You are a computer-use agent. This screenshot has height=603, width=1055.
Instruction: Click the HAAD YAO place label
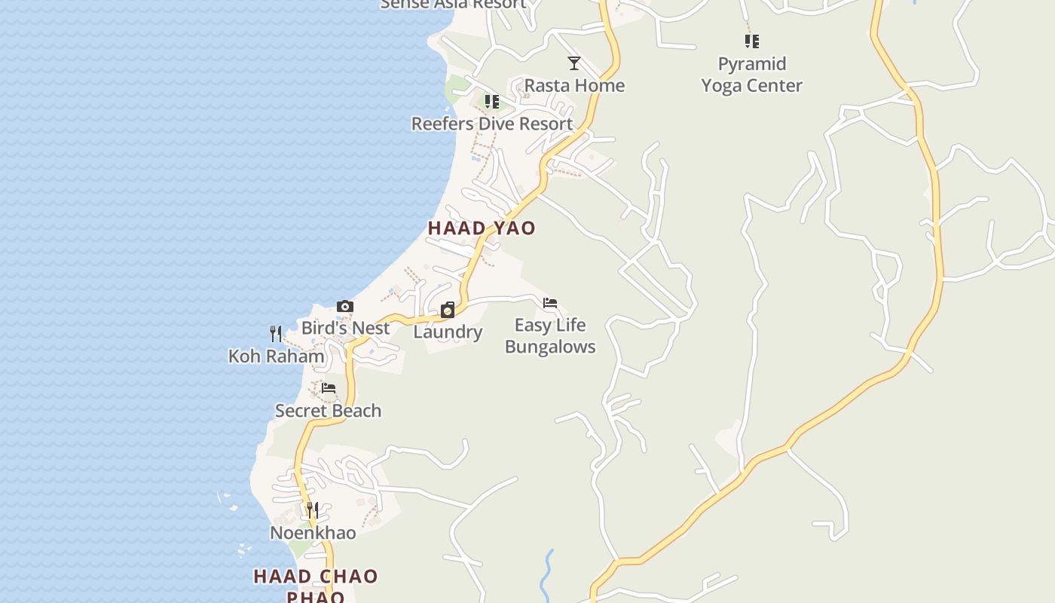click(x=482, y=228)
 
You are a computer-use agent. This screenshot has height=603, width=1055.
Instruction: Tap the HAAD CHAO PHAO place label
click(x=316, y=586)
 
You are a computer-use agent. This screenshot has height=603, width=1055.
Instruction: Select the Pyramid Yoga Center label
click(x=751, y=75)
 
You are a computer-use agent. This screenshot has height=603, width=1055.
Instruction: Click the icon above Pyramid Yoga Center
click(x=751, y=41)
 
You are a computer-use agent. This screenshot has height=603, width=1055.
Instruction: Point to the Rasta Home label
click(x=574, y=85)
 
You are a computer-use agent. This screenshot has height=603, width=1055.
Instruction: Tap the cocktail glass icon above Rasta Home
click(x=574, y=63)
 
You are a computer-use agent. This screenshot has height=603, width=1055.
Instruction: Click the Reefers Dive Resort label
click(x=492, y=124)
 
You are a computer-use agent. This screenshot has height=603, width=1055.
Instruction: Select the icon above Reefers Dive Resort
click(x=492, y=102)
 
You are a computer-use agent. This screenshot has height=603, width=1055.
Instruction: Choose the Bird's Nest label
click(x=345, y=328)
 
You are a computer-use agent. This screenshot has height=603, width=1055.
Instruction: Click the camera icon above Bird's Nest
click(x=345, y=306)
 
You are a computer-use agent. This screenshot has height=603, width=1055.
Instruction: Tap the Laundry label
click(x=448, y=332)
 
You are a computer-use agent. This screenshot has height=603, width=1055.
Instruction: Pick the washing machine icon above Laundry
click(x=448, y=310)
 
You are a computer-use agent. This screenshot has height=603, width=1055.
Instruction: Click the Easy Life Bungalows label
click(x=550, y=335)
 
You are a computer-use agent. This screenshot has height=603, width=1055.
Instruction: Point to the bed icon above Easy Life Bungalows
click(x=550, y=303)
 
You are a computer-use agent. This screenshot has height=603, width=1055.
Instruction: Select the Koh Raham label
click(x=276, y=356)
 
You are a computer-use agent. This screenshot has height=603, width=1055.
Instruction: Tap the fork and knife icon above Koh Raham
click(x=276, y=333)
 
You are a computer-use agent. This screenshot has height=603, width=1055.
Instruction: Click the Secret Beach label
click(x=328, y=411)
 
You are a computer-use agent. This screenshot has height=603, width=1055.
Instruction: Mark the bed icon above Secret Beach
click(x=329, y=388)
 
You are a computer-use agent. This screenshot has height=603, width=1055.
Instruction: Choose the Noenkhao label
click(x=313, y=533)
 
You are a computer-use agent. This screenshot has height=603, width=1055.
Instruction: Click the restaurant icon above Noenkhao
click(x=313, y=510)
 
